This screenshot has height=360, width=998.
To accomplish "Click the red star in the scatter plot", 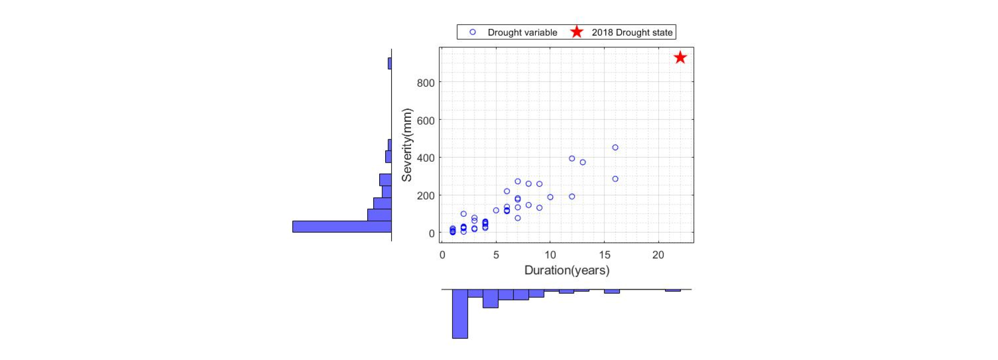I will click(x=680, y=58).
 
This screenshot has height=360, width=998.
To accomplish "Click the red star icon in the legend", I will click(x=577, y=32).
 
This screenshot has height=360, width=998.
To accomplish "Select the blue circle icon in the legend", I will click(x=473, y=32).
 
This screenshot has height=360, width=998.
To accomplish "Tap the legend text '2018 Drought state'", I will click(x=632, y=32).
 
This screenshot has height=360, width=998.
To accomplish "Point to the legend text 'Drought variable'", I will click(x=522, y=32).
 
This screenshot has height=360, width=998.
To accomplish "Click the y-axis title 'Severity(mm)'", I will click(x=407, y=145).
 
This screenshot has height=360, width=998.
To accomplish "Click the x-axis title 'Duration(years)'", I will click(x=567, y=270).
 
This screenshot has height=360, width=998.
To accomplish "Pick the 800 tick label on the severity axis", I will click(x=425, y=83).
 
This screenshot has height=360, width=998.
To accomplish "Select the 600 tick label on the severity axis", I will click(x=425, y=121).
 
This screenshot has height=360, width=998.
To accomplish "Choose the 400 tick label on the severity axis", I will click(x=425, y=158).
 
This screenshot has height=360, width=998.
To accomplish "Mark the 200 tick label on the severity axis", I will click(x=425, y=196).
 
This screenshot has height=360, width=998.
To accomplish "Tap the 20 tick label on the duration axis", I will click(x=658, y=255).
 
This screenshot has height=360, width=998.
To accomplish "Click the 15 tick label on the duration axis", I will click(x=604, y=255).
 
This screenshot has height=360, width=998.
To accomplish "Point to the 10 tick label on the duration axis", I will click(x=550, y=255).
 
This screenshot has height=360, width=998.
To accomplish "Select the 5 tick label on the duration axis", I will click(x=496, y=255).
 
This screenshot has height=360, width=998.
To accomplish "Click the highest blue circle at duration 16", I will click(x=615, y=148).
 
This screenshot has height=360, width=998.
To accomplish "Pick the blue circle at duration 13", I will click(x=583, y=162).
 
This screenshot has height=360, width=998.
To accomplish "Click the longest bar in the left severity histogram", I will click(x=342, y=227).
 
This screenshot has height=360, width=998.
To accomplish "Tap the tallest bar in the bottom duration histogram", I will click(x=460, y=314).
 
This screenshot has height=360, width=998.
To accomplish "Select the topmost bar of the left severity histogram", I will click(x=390, y=63).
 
